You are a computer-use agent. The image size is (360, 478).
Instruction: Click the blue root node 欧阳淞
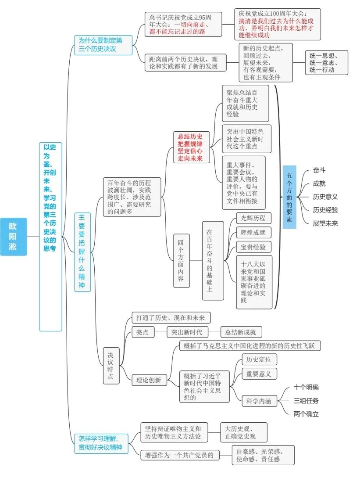[14, 237]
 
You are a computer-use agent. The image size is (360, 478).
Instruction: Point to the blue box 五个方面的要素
[289, 197]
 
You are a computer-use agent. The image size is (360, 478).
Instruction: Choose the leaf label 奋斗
[319, 171]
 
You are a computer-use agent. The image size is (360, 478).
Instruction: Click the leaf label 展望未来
[325, 223]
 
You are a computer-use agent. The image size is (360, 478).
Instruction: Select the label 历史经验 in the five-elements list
[325, 210]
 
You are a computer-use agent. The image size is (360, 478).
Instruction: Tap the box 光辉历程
[253, 218]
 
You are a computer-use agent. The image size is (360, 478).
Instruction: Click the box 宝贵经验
[253, 247]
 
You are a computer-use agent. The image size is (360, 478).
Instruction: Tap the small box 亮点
[143, 332]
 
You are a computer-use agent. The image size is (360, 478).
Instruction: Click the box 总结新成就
[241, 332]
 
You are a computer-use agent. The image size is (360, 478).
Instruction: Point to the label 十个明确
[307, 387]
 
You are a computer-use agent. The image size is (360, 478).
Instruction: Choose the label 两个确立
[307, 413]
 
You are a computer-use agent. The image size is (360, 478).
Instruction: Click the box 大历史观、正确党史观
[243, 432]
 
